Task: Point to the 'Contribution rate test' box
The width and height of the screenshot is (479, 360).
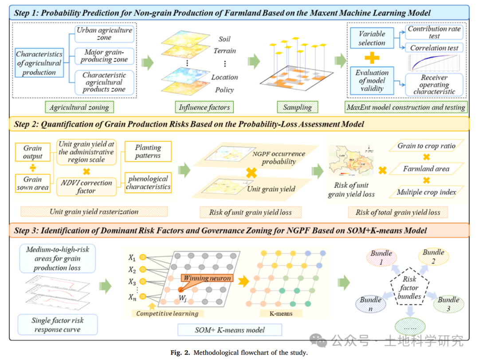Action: coord(434,32)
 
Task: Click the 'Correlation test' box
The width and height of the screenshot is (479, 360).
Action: coord(434,48)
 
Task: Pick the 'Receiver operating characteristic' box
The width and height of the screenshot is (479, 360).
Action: coord(434,84)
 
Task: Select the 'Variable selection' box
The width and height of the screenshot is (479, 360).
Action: coord(372,39)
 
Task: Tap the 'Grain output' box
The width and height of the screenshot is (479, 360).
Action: coord(33,152)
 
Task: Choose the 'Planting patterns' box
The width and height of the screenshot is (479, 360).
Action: coord(148,152)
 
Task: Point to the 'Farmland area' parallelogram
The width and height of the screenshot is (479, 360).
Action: coord(426,169)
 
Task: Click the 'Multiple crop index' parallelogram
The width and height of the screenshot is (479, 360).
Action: coord(426,192)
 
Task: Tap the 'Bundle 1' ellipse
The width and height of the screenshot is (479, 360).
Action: coord(381,257)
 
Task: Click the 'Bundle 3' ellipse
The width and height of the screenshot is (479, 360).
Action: coord(448,304)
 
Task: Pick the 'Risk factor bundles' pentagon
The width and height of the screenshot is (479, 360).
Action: coord(409,287)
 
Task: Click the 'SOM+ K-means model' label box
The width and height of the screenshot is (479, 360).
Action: coord(230,330)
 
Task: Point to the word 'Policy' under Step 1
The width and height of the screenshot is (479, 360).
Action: coord(224,90)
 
